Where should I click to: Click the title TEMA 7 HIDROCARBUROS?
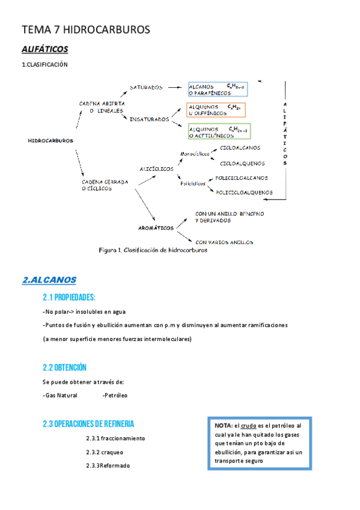pyautogui.click(x=85, y=29)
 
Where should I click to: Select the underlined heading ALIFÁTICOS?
pyautogui.click(x=44, y=49)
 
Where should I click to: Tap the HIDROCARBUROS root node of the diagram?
pyautogui.click(x=50, y=141)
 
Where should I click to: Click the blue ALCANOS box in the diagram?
pyautogui.click(x=218, y=90)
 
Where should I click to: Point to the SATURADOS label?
pyautogui.click(x=146, y=87)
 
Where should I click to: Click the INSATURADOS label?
pyautogui.click(x=149, y=119)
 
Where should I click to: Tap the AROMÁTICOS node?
pyautogui.click(x=156, y=228)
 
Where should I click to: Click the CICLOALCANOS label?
pyautogui.click(x=240, y=148)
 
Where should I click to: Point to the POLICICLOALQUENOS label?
pyautogui.click(x=243, y=192)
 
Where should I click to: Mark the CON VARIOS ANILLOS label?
pyautogui.click(x=224, y=242)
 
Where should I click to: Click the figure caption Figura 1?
pyautogui.click(x=153, y=250)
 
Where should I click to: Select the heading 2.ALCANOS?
pyautogui.click(x=49, y=280)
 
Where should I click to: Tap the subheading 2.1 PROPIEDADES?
pyautogui.click(x=69, y=297)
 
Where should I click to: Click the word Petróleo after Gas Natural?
pyautogui.click(x=115, y=395)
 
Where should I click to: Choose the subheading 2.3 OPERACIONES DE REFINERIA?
pyautogui.click(x=88, y=423)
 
